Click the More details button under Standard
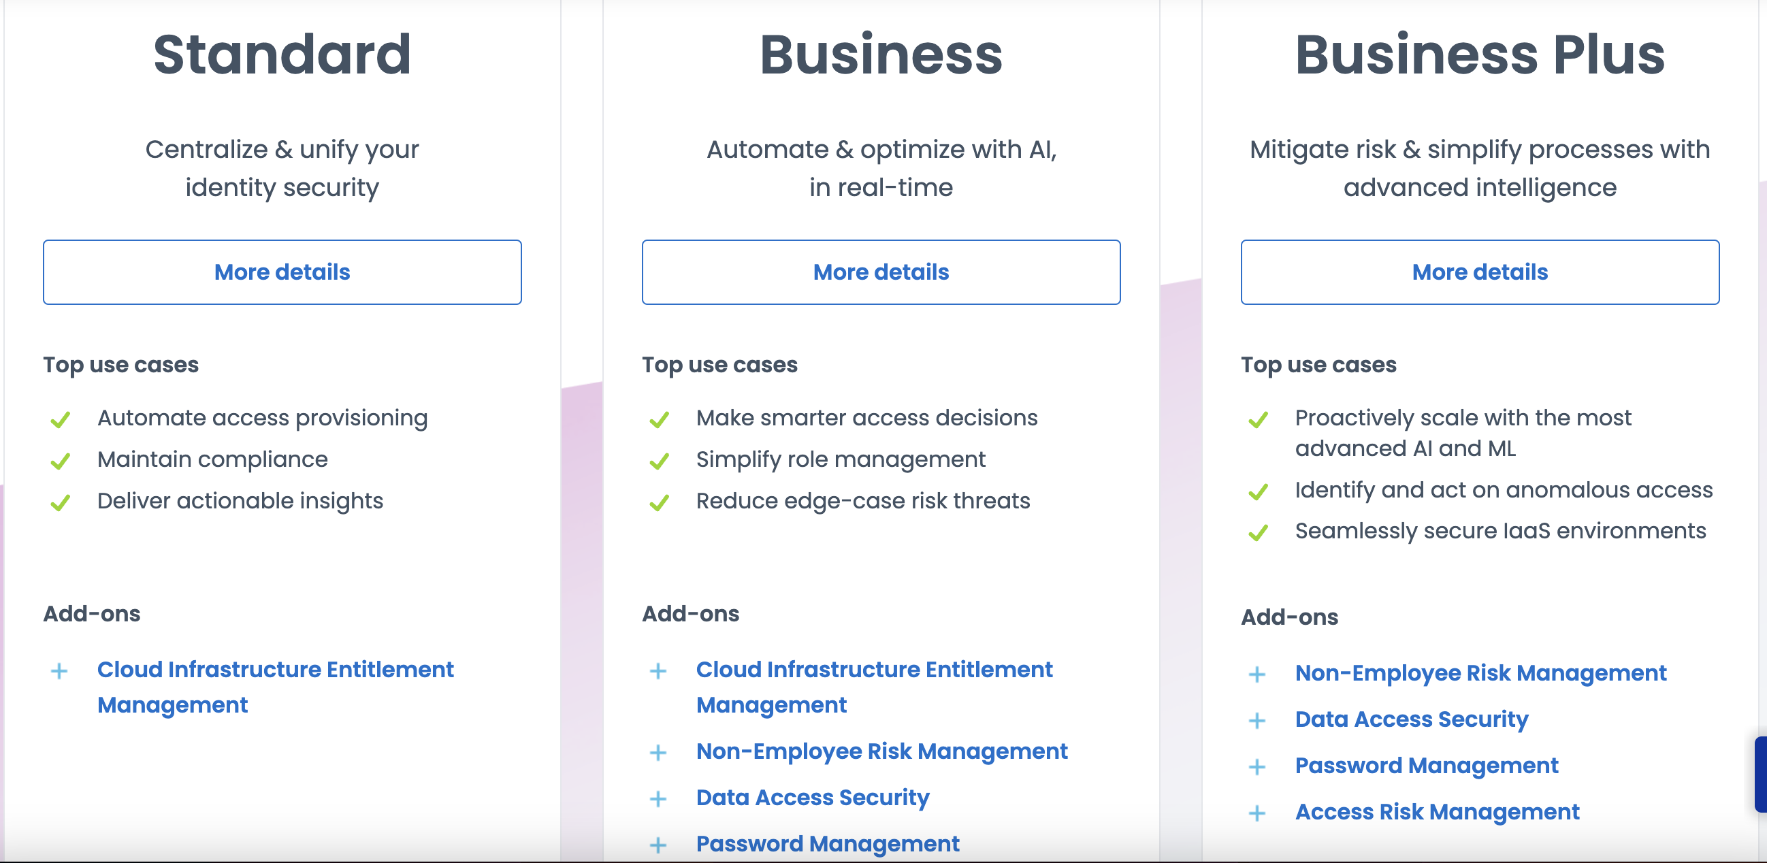coord(282,272)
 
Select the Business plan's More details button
coord(881,272)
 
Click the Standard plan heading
coord(282,54)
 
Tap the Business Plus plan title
coord(1480,54)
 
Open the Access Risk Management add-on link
coord(1437,812)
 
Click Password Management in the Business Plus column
coord(1427,766)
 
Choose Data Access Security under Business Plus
coord(1412,719)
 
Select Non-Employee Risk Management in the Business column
coord(881,752)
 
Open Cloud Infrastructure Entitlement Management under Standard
coord(275,687)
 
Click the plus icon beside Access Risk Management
coord(1257,813)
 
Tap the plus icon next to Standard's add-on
coord(60,671)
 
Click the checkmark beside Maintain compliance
coord(61,461)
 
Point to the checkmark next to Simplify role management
coord(659,461)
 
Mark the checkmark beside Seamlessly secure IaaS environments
coord(1258,532)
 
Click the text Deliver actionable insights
coord(240,502)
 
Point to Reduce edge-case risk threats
coord(863,502)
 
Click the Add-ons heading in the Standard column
coord(92,614)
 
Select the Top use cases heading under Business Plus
coord(1318,365)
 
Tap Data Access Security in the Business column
coord(813,798)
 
